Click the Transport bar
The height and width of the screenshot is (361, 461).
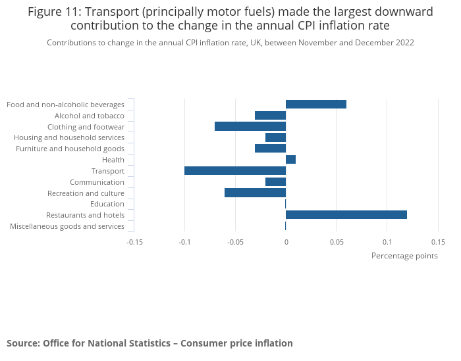235,171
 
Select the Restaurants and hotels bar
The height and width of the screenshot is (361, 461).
346,215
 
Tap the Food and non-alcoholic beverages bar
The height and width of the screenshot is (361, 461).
316,105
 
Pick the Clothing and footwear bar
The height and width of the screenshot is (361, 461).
250,126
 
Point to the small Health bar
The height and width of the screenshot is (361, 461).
290,160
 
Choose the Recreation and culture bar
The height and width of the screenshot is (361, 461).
255,193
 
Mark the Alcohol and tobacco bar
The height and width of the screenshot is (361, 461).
270,116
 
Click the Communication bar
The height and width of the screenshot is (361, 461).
275,182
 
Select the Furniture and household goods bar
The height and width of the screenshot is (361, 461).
270,149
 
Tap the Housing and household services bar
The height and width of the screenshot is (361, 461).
275,137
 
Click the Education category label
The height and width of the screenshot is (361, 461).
108,204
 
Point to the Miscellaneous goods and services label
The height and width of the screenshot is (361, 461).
67,226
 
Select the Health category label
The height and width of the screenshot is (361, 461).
113,160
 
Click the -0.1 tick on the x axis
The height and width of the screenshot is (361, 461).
184,241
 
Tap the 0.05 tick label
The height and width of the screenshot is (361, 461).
337,241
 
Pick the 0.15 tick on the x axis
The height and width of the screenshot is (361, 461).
438,241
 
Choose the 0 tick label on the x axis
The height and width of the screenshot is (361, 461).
286,241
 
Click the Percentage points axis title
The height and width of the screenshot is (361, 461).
404,256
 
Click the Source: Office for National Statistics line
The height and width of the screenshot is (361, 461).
149,343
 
